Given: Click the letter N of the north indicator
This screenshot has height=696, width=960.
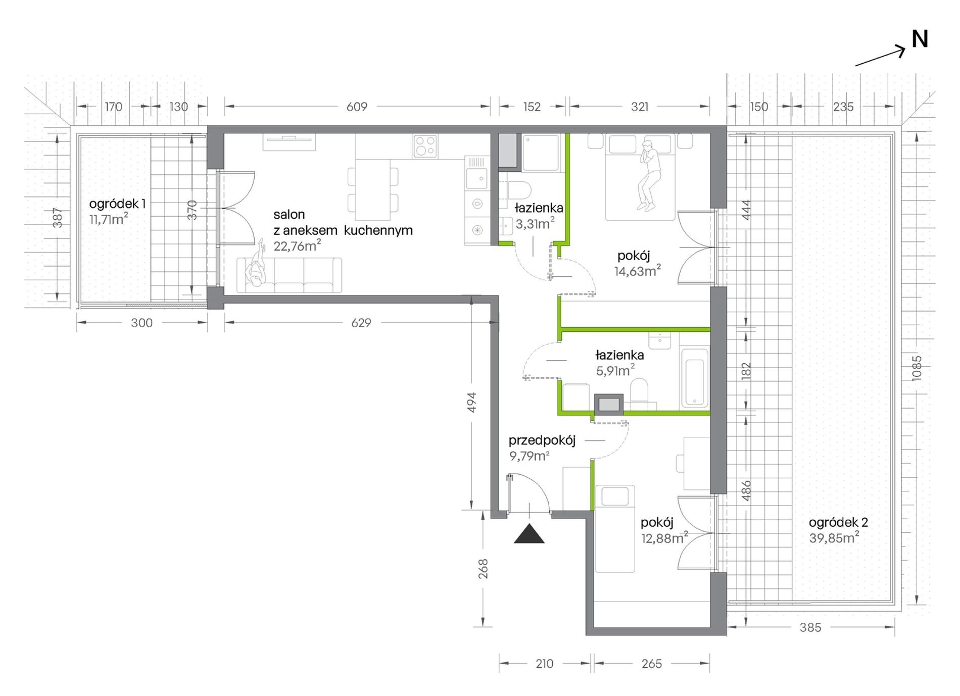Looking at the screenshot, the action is [x=920, y=39].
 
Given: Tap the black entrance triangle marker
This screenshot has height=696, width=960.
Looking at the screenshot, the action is [x=529, y=534].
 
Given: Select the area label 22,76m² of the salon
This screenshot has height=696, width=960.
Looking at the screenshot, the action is [x=297, y=245].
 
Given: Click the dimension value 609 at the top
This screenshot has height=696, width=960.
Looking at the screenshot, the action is [x=357, y=107].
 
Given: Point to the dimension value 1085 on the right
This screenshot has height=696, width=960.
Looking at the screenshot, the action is [x=917, y=368].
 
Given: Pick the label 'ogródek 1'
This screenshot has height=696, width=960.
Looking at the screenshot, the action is [x=117, y=204].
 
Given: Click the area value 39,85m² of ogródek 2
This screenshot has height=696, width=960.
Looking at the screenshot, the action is [x=834, y=537].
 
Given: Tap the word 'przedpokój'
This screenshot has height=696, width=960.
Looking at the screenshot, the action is [x=542, y=440].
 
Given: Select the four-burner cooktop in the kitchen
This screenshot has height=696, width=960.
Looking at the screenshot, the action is [x=425, y=146].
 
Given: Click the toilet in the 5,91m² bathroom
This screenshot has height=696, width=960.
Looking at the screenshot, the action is [x=639, y=390].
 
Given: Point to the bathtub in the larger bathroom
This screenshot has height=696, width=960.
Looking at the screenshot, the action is [x=694, y=377].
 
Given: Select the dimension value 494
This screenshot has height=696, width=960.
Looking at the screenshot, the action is [x=471, y=403].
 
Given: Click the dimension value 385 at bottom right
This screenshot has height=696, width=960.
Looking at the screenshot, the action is [x=810, y=627].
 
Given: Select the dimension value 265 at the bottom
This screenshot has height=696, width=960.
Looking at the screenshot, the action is [x=652, y=664].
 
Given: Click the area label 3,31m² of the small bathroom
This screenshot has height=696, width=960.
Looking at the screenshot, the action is [x=535, y=223].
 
